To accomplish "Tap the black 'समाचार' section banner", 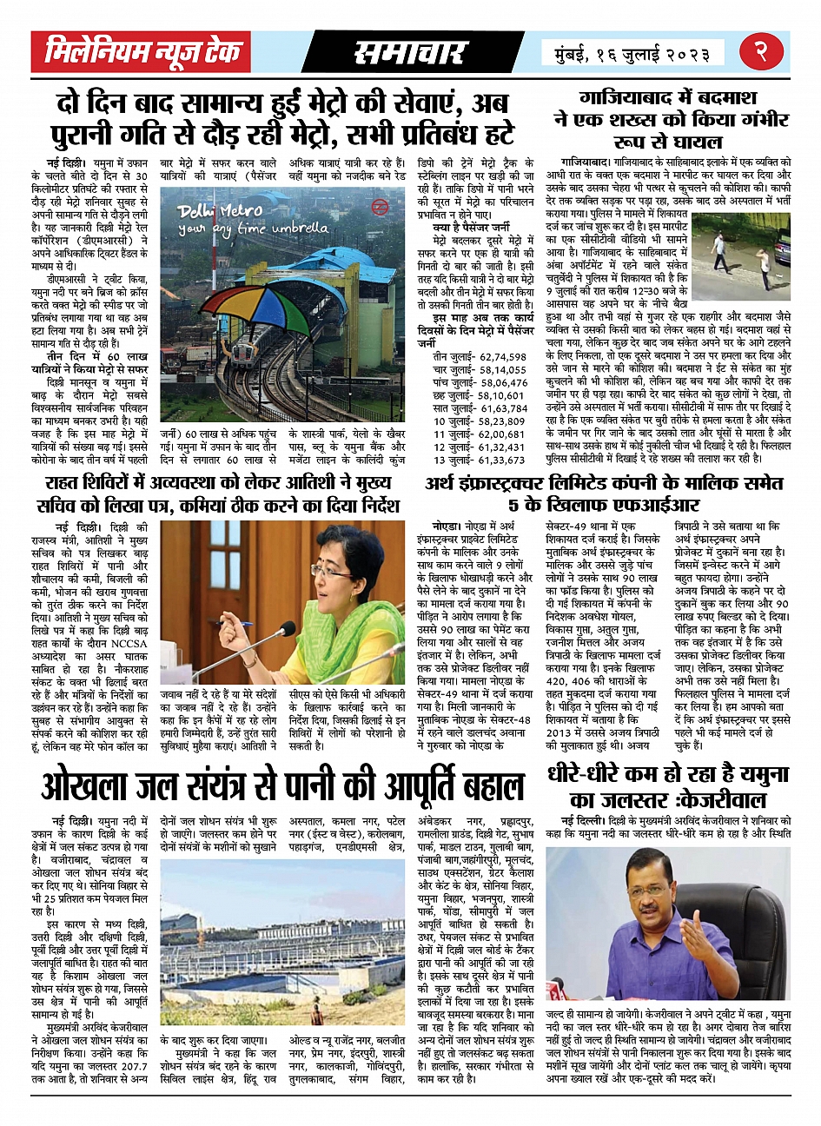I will click(x=410, y=53).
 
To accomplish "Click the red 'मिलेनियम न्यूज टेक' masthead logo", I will click(x=142, y=53).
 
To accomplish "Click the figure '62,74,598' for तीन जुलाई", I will click(x=492, y=357).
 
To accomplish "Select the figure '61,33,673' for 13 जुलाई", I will click(x=492, y=460).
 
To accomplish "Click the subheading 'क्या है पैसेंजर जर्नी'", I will click(x=472, y=227).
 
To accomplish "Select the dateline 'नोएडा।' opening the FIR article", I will click(x=451, y=527).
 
